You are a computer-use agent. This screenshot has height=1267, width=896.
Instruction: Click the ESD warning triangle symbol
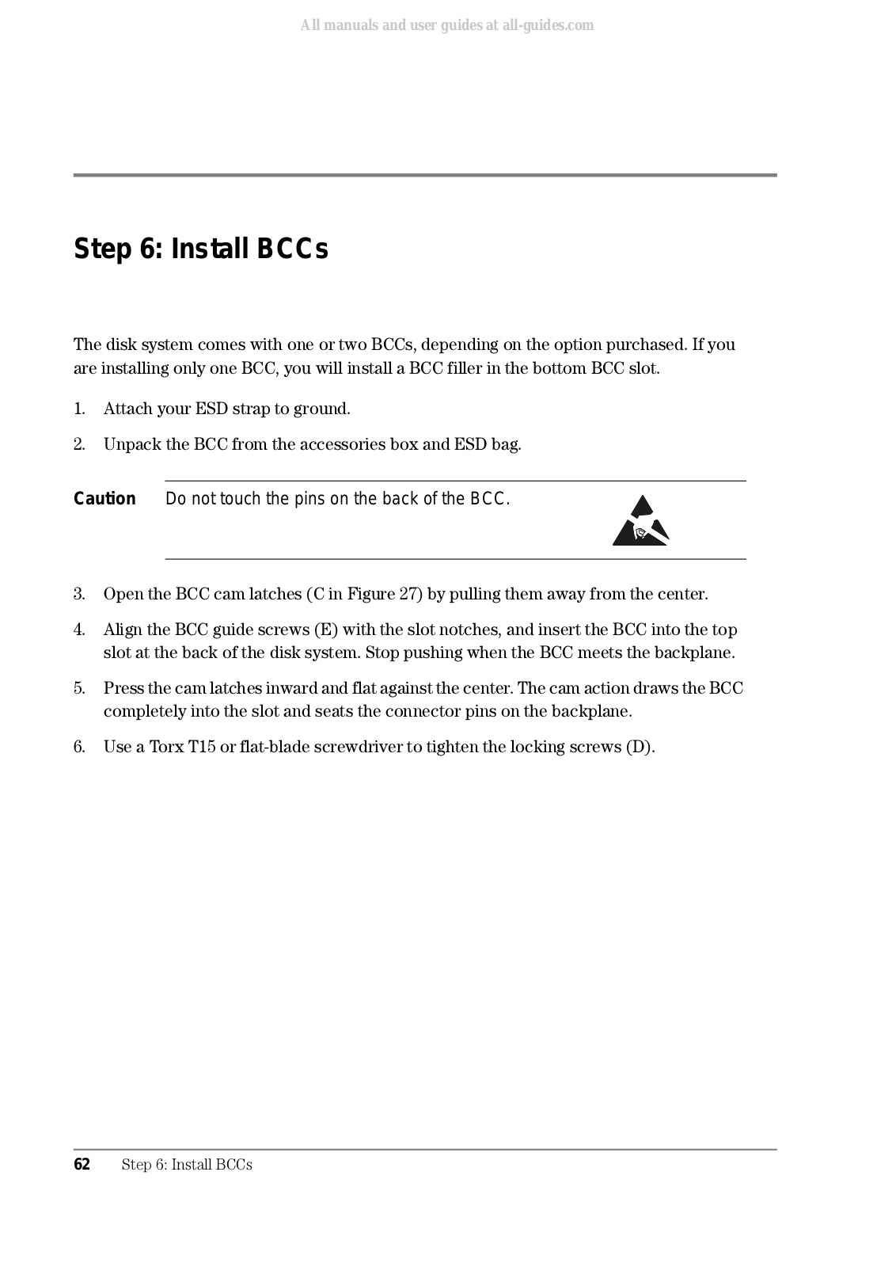pos(640,522)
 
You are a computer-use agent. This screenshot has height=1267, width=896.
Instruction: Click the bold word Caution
pos(104,499)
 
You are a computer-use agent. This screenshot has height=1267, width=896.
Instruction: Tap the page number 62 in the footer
pos(82,1164)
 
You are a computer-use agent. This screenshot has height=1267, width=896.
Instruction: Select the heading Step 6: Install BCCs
pos(201,249)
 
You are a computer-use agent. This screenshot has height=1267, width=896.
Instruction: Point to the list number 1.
pos(79,409)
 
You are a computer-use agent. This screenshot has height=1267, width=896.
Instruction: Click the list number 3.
pos(79,595)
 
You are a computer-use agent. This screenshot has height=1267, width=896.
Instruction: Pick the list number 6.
pos(79,747)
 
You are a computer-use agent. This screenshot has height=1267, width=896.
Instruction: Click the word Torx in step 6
pos(167,747)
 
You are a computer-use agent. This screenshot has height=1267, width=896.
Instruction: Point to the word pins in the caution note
pos(311,500)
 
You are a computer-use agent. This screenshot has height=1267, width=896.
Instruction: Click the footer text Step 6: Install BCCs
pos(187,1164)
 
